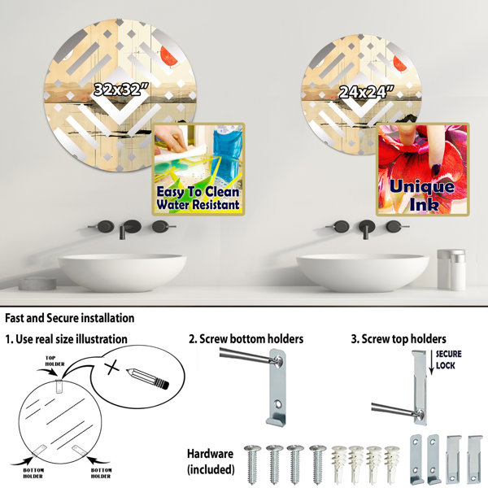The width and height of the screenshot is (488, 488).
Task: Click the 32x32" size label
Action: pyautogui.click(x=121, y=89)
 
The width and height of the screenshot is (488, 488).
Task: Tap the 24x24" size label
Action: pyautogui.click(x=366, y=92)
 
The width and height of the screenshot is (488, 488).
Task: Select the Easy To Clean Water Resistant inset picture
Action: pyautogui.click(x=198, y=169)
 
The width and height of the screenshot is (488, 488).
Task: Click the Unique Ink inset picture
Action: pyautogui.click(x=423, y=170)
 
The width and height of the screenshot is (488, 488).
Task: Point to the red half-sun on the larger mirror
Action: pyautogui.click(x=169, y=56)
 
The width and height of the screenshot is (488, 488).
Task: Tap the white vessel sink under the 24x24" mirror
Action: pyautogui.click(x=363, y=272)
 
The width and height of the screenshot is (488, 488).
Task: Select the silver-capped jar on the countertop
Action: pyautogui.click(x=451, y=269)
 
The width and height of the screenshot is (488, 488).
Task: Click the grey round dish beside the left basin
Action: pyautogui.click(x=37, y=283)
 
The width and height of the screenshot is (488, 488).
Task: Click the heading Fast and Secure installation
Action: pyautogui.click(x=70, y=318)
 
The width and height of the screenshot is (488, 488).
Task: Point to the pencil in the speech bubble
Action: pyautogui.click(x=147, y=379)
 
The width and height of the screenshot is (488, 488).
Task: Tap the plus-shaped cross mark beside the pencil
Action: pyautogui.click(x=112, y=368)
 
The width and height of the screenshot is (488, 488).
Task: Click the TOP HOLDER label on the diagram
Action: pyautogui.click(x=54, y=361)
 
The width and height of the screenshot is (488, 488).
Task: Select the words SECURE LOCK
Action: pyautogui.click(x=448, y=359)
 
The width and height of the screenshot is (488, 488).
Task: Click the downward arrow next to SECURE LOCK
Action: pyautogui.click(x=431, y=362)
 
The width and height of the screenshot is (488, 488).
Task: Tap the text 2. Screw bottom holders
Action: pyautogui.click(x=246, y=339)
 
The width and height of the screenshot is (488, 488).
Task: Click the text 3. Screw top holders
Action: pyautogui.click(x=399, y=339)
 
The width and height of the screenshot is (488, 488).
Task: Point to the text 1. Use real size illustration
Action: pyautogui.click(x=67, y=339)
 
